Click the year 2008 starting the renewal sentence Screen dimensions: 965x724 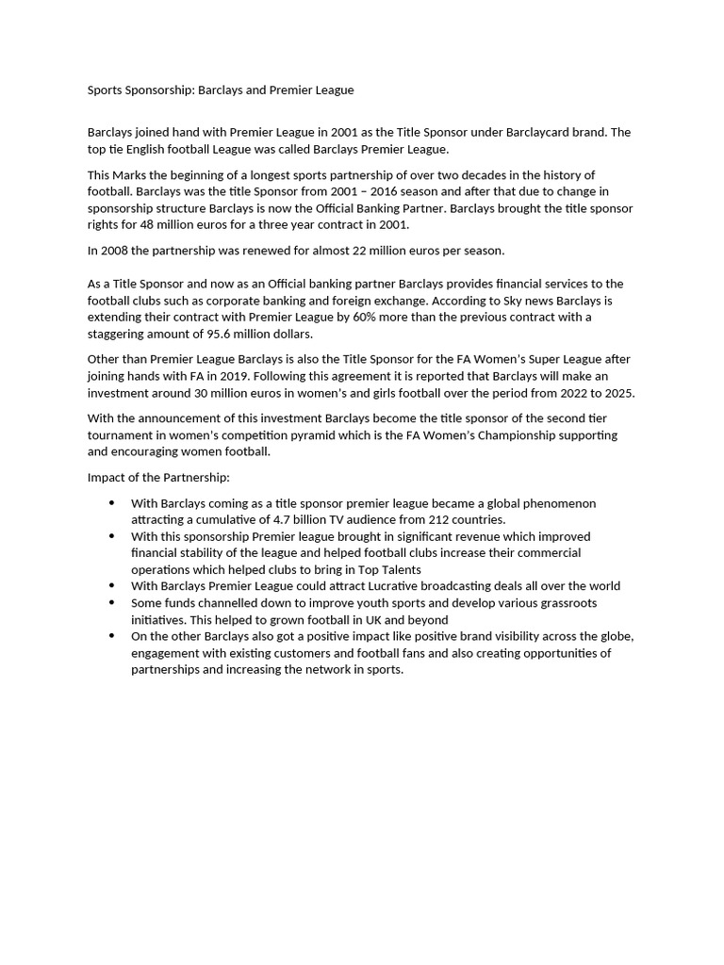pyautogui.click(x=116, y=250)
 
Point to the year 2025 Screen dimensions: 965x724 pyautogui.click(x=617, y=393)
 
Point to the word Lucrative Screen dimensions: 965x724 pyautogui.click(x=396, y=585)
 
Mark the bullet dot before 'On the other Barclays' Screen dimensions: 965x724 pyautogui.click(x=113, y=636)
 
